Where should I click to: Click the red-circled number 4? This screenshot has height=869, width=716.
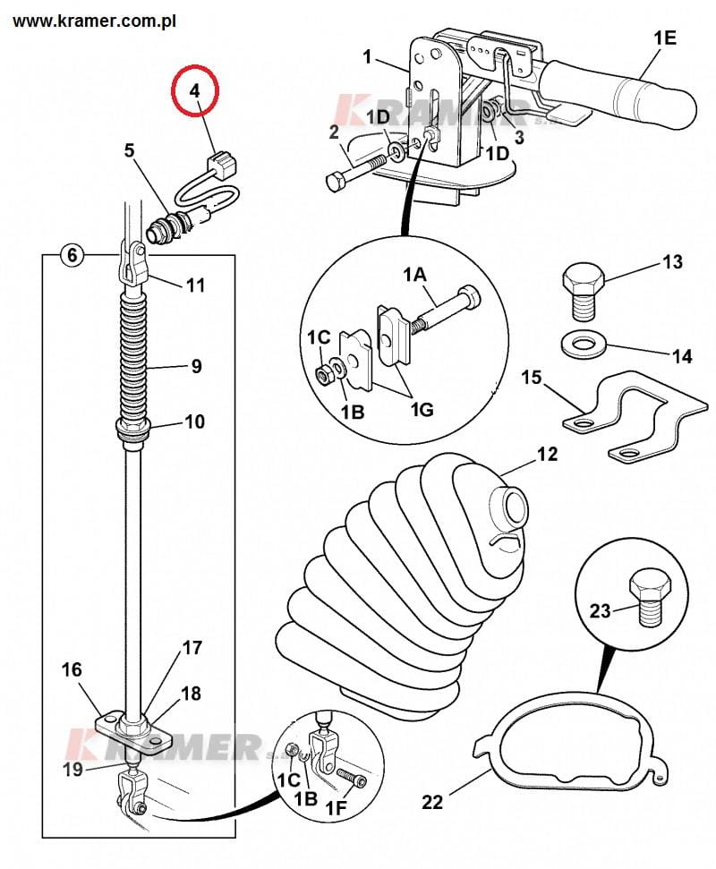pyautogui.click(x=194, y=90)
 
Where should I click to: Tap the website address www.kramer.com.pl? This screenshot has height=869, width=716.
pyautogui.click(x=94, y=21)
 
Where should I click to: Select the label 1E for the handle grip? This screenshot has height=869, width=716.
pyautogui.click(x=665, y=38)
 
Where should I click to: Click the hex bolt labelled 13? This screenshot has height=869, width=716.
pyautogui.click(x=583, y=292)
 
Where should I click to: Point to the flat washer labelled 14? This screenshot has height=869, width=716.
pyautogui.click(x=583, y=345)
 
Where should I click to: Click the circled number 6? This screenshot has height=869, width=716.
pyautogui.click(x=72, y=255)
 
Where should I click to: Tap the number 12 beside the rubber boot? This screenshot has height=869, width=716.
pyautogui.click(x=548, y=454)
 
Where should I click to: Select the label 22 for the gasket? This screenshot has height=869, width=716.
pyautogui.click(x=432, y=801)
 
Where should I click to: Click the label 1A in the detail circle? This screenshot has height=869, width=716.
pyautogui.click(x=414, y=274)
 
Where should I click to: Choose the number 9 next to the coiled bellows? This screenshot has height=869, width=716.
pyautogui.click(x=196, y=366)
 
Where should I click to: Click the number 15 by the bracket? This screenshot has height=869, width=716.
pyautogui.click(x=531, y=378)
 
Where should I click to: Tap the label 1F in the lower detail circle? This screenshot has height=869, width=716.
pyautogui.click(x=336, y=808)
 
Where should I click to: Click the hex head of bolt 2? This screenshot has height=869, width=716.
pyautogui.click(x=336, y=182)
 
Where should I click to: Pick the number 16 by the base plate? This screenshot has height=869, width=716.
pyautogui.click(x=72, y=669)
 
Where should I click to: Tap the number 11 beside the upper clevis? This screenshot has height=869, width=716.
pyautogui.click(x=195, y=285)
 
